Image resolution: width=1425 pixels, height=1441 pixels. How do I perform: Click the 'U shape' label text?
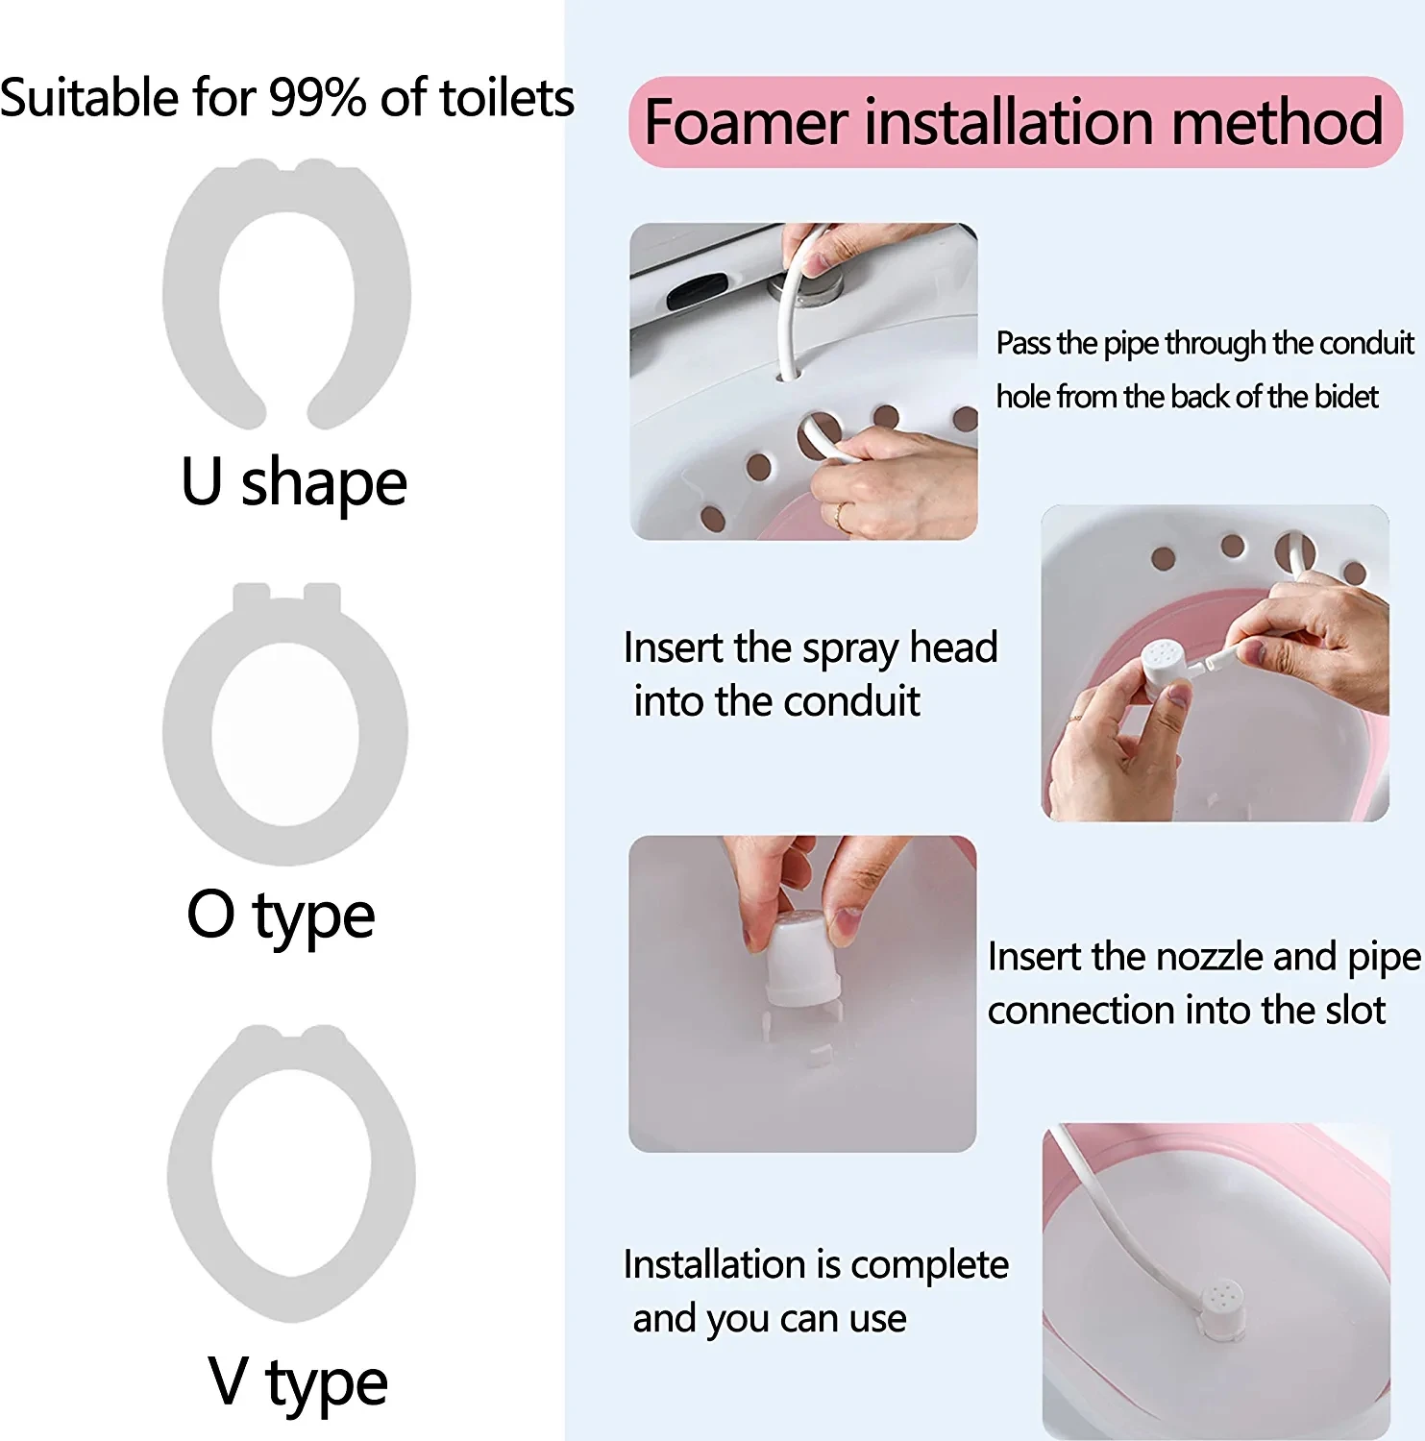pos(294,482)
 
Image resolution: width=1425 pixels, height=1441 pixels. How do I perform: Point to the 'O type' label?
pos(281,916)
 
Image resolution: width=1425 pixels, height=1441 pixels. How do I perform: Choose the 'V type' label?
pos(298,1382)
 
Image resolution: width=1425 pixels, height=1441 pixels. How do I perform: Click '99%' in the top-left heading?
pos(316,98)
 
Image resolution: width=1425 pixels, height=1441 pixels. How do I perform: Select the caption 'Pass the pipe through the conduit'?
pos(1204,343)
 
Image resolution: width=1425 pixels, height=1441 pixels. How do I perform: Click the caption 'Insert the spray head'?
pos(810,647)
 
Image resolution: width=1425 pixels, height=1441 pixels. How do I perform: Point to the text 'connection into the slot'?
pos(1186,1011)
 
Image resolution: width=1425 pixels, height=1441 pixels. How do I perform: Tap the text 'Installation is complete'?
pos(816,1265)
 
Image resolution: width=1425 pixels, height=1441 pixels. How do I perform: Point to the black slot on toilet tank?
pos(698,288)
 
